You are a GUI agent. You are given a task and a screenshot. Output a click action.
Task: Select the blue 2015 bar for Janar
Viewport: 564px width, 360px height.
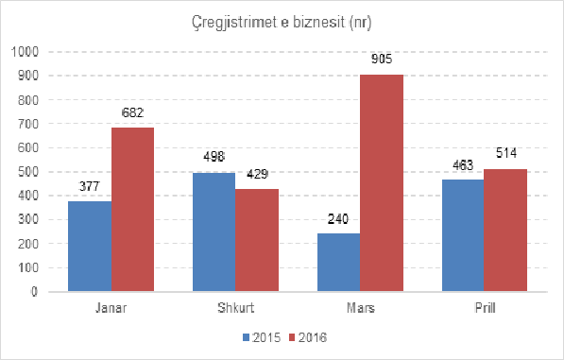tap(90, 247)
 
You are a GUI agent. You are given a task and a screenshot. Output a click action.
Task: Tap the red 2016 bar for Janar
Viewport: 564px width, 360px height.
tap(132, 210)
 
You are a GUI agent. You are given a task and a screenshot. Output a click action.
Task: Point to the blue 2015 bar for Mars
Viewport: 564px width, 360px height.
tap(338, 263)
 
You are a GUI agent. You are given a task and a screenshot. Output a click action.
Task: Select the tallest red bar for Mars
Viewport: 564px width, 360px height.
tap(382, 183)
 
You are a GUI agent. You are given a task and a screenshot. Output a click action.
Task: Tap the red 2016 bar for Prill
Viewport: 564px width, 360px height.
tap(505, 231)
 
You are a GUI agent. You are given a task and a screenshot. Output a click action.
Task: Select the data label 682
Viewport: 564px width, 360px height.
tap(132, 114)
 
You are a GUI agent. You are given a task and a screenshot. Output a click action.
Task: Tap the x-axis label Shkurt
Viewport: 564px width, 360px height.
tap(235, 308)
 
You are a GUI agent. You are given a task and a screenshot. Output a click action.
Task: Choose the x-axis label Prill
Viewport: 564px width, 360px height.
tap(484, 308)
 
